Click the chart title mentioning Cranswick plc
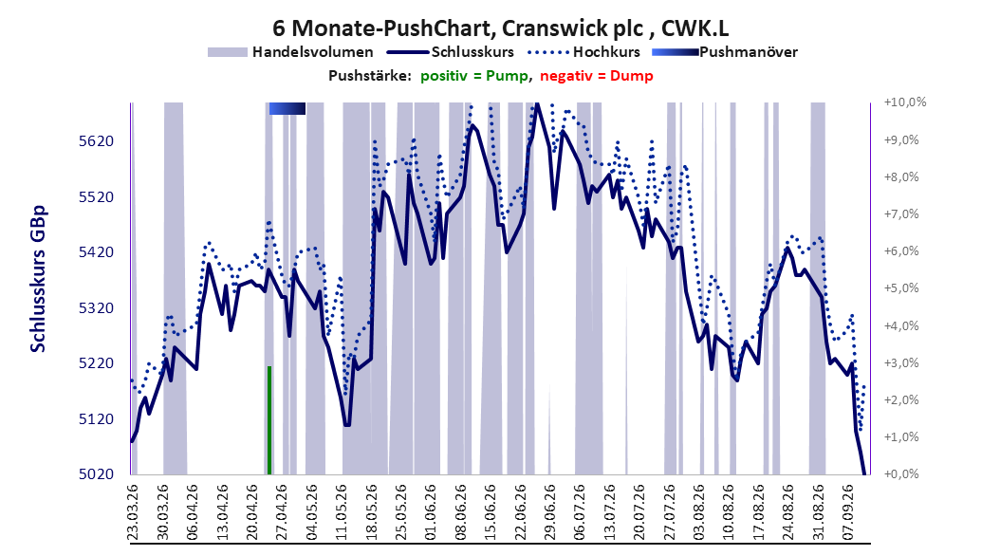point(501,28)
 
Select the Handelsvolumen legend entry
point(290,52)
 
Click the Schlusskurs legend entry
point(451,52)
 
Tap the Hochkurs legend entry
point(583,52)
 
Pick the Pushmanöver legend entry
point(725,52)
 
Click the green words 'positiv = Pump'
point(474,76)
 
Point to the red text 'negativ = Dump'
point(597,76)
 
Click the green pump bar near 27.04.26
point(269,420)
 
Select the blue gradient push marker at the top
point(287,109)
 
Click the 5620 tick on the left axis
point(96,141)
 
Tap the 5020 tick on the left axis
point(96,474)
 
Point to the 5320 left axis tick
point(96,308)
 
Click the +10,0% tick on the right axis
point(905,102)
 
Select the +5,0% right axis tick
point(901,288)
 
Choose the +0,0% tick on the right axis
point(901,474)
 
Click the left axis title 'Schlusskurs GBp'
point(38,279)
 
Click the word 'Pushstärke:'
point(370,76)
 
